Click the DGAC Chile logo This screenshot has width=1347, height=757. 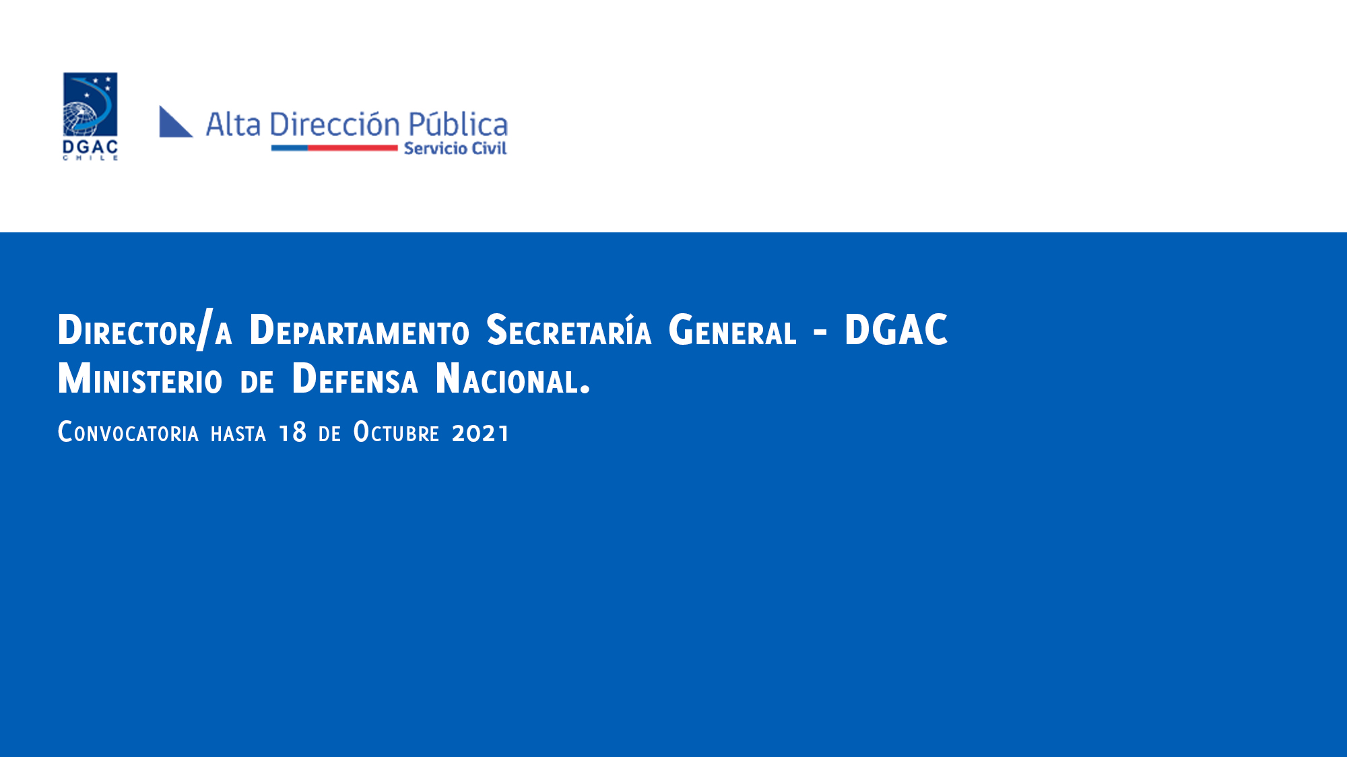90,117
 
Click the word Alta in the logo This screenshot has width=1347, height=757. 233,125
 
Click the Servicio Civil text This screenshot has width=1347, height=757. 455,148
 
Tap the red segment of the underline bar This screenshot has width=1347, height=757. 353,147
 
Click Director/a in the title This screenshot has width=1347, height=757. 145,330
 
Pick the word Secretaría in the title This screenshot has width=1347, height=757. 569,330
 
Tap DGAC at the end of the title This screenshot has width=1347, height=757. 896,330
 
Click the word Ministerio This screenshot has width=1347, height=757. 140,378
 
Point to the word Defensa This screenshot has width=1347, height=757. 355,378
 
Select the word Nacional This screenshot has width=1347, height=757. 513,378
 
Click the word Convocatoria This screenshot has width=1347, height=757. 128,432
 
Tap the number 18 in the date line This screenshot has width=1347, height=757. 293,432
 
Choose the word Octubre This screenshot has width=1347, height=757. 396,432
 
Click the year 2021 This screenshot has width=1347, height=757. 480,432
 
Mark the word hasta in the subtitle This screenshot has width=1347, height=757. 238,433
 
